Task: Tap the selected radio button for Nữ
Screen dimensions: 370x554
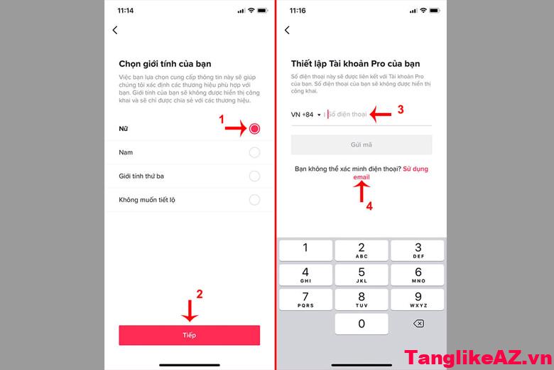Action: click(x=254, y=129)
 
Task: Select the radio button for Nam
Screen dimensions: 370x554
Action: click(x=254, y=152)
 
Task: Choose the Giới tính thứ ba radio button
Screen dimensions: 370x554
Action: click(x=254, y=176)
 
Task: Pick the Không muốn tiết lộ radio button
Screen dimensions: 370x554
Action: click(x=254, y=200)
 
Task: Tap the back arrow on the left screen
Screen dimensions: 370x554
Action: click(x=115, y=30)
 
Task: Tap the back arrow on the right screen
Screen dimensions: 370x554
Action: click(x=287, y=30)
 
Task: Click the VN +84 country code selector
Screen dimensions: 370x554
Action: click(x=306, y=115)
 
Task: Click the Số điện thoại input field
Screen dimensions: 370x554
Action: click(x=376, y=115)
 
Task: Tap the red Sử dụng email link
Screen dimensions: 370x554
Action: click(x=415, y=169)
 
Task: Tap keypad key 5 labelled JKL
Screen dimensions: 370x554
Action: click(x=362, y=275)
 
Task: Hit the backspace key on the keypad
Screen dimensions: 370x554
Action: click(x=418, y=324)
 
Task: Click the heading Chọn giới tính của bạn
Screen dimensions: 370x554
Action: click(x=165, y=64)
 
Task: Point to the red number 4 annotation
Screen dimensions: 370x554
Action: click(x=369, y=207)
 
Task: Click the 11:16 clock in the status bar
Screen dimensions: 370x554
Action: click(x=298, y=10)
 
